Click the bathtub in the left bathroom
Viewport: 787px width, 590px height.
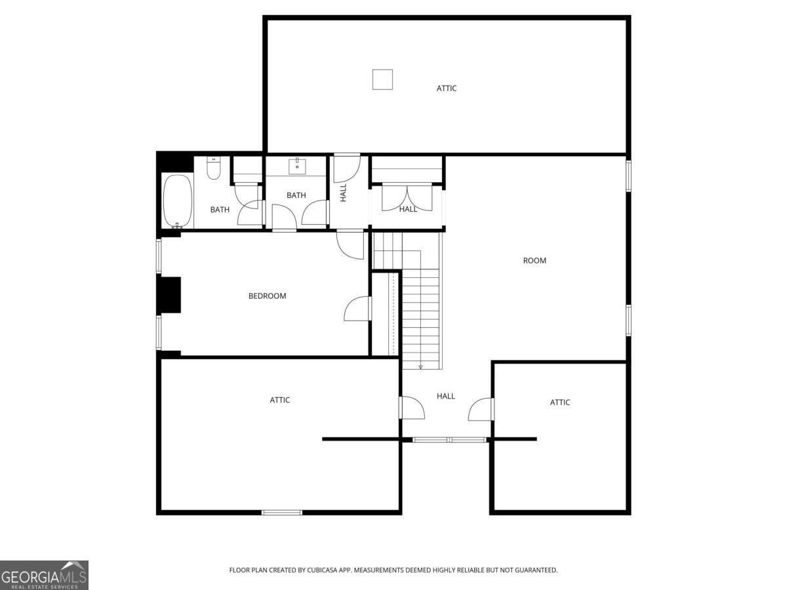178,201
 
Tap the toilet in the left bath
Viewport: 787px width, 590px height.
213,168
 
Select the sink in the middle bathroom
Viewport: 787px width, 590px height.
297,167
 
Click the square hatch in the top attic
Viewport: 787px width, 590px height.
382,79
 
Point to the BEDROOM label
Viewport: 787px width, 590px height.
267,296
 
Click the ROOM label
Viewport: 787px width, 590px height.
535,260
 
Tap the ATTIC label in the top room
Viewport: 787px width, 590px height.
447,88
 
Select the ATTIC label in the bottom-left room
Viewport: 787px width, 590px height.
279,400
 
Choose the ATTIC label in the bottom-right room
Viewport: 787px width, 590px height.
559,403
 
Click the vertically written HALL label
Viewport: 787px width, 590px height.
343,193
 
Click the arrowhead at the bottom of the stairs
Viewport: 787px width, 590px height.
420,367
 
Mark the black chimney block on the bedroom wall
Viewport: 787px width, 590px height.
169,295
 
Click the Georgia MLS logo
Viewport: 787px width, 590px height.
44,575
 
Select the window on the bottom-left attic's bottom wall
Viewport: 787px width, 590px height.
282,513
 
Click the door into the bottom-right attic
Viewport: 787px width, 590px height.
481,409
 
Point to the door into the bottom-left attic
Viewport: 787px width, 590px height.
412,408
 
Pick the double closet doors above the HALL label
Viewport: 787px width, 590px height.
407,197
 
